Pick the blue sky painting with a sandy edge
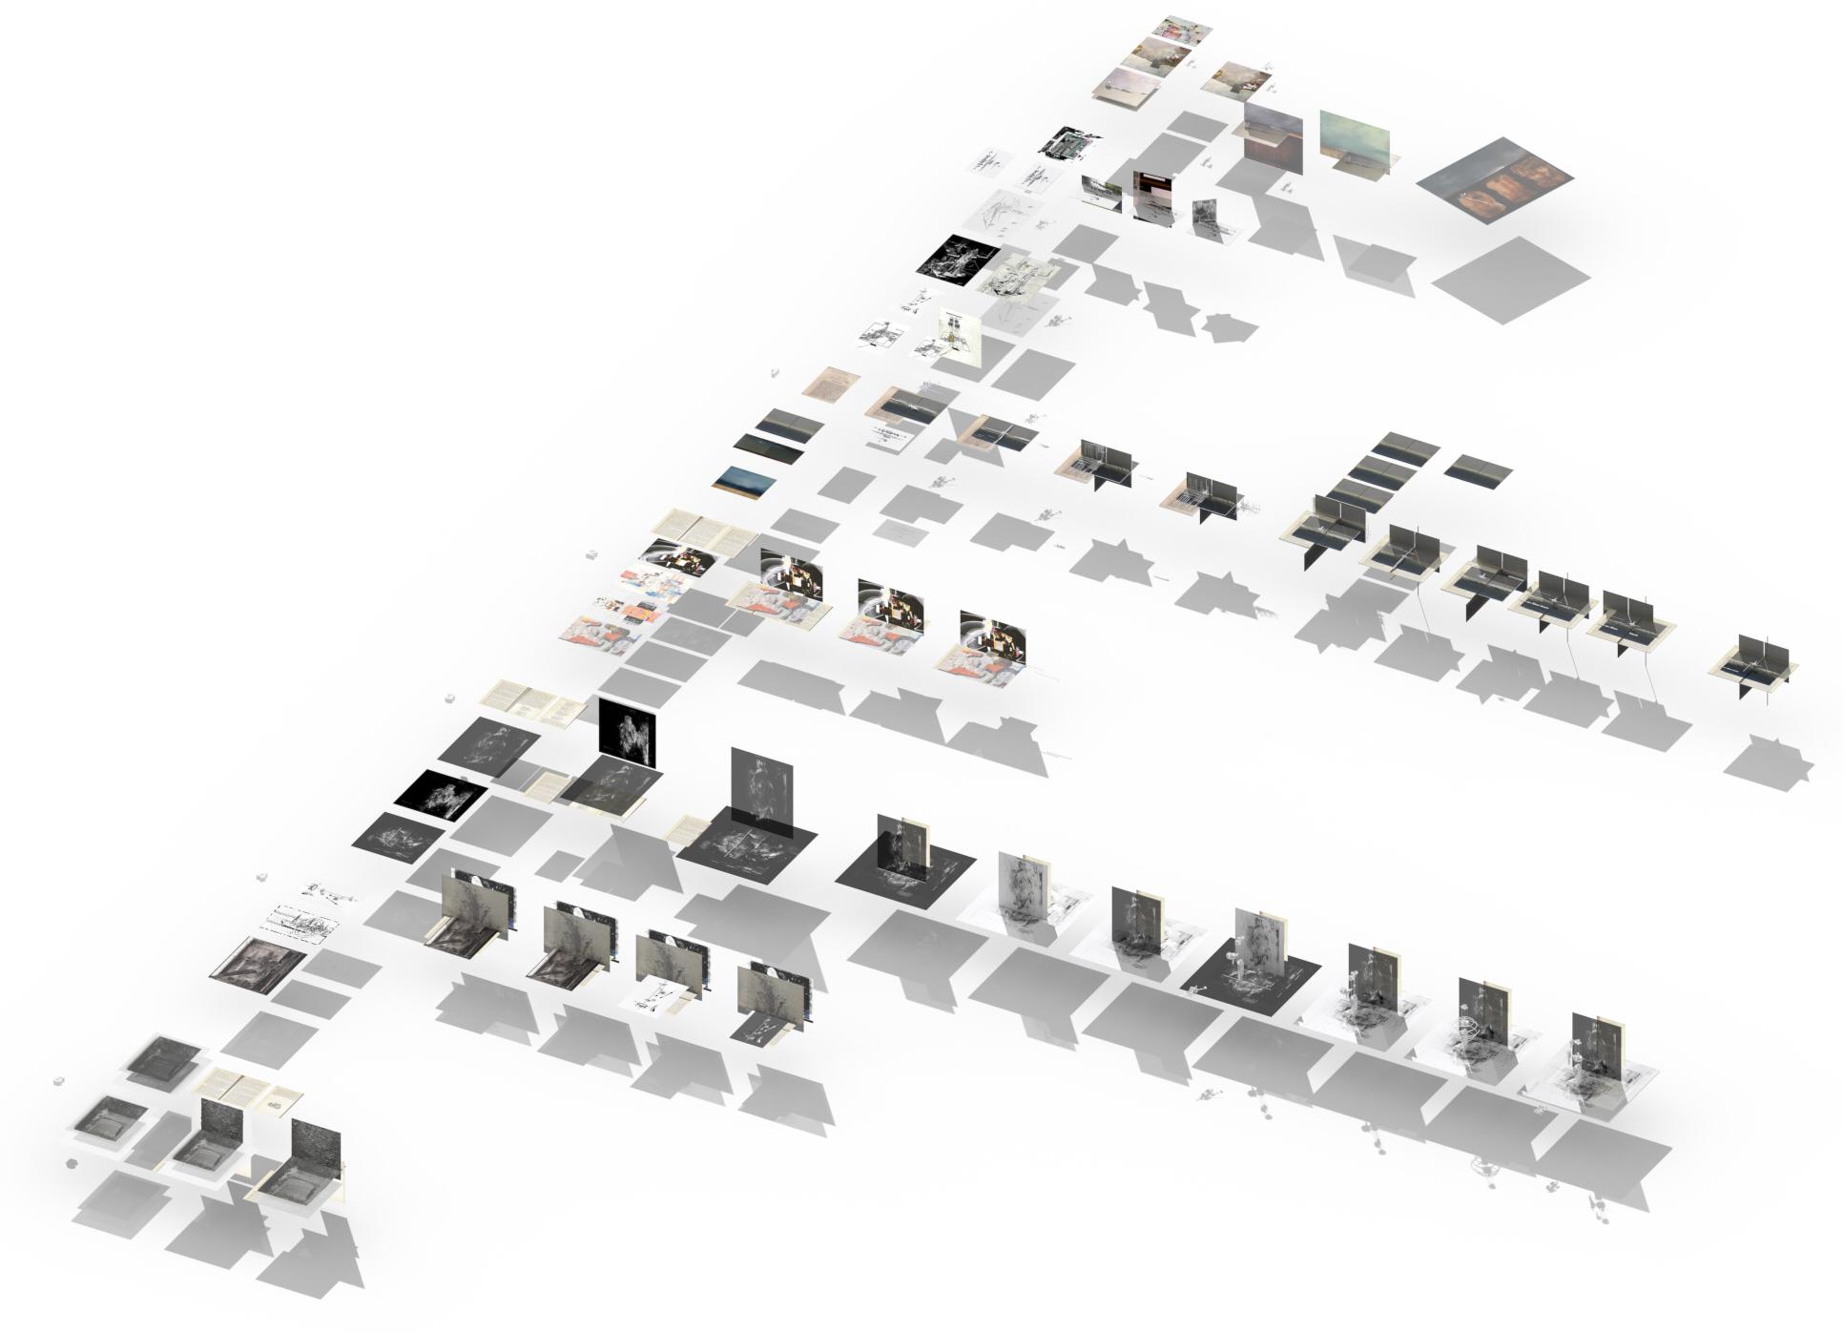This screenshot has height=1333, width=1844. [744, 481]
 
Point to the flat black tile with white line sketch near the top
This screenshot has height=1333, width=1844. [959, 258]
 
